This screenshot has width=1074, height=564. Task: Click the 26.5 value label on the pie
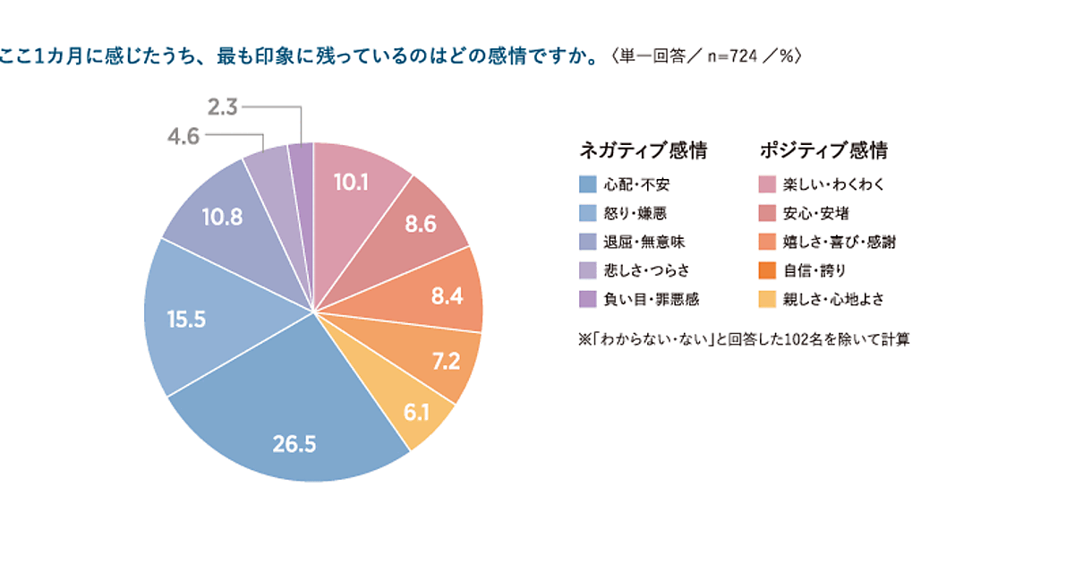click(295, 443)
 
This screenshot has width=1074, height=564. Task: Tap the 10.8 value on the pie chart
click(222, 218)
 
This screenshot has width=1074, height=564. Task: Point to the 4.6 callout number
click(183, 137)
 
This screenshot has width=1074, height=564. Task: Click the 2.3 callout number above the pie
click(221, 108)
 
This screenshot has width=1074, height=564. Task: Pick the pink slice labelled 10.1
click(351, 183)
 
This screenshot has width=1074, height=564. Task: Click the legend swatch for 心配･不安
click(587, 185)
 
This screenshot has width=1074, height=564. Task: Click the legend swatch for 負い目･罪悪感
click(587, 299)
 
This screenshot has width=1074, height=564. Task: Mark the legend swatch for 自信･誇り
click(766, 270)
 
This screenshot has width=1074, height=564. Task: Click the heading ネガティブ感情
click(644, 150)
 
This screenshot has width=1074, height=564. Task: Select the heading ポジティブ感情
click(823, 150)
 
